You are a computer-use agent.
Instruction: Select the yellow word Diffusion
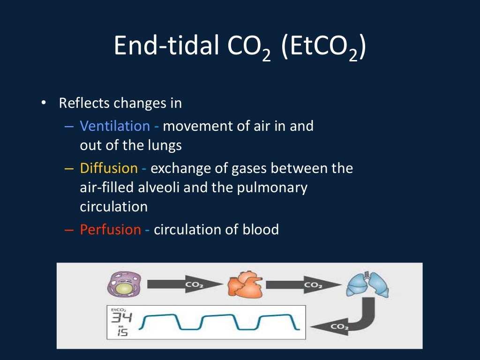tap(109, 168)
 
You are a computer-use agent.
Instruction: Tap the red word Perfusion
tap(110, 229)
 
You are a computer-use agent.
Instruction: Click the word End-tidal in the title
tap(166, 46)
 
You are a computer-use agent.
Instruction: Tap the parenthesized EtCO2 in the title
tap(323, 47)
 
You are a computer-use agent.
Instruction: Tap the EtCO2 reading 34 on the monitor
tap(121, 318)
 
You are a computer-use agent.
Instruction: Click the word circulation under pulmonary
tap(113, 207)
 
